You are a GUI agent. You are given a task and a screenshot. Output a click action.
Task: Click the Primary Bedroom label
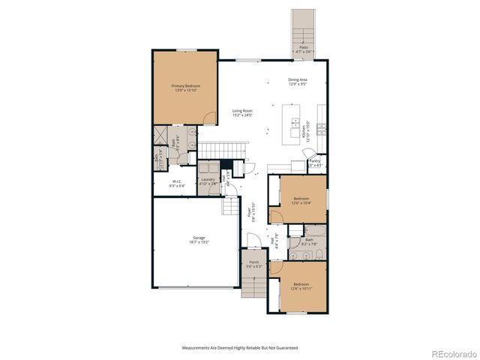tap(185, 85)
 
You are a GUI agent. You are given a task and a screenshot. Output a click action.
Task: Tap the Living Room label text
tap(241, 110)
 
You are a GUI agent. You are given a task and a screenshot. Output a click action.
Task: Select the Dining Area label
tap(298, 79)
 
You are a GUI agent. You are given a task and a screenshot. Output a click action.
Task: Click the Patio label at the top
tap(304, 46)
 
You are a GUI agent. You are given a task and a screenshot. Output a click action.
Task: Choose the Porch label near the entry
tap(254, 262)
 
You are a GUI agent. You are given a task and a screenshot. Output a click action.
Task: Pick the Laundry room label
tap(209, 179)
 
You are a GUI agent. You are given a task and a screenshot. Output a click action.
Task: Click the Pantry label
tap(314, 160)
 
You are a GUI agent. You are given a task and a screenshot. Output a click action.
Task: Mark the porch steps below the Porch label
tap(253, 285)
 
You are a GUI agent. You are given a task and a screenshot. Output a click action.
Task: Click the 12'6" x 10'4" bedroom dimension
tap(301, 202)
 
